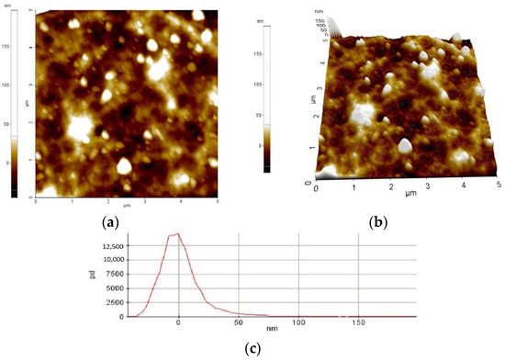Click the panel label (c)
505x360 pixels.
pos(252,348)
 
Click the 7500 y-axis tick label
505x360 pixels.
pos(113,274)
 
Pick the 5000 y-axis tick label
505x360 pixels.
pos(113,287)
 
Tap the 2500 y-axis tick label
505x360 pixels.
pos(113,302)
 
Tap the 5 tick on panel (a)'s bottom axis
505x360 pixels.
pos(217,201)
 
